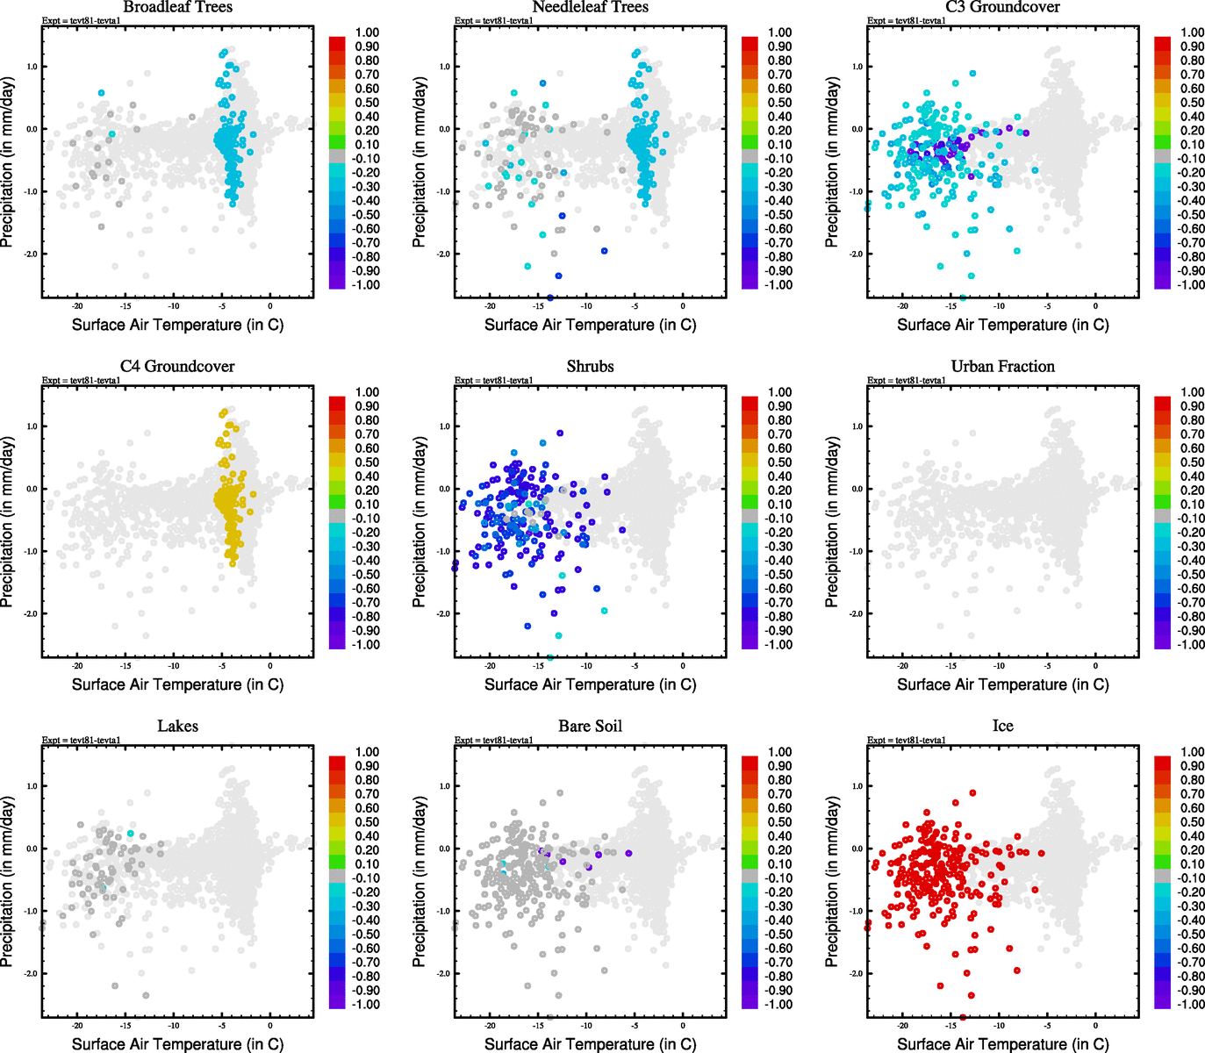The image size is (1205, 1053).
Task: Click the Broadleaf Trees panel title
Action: tap(177, 7)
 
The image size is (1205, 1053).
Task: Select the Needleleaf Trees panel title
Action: tap(590, 7)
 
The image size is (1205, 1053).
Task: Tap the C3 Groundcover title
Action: tap(1002, 7)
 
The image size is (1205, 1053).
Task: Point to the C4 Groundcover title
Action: tap(177, 366)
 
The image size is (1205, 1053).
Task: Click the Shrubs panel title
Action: tap(590, 366)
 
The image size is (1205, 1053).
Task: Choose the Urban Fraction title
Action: tap(1002, 366)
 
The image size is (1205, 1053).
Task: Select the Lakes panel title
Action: tap(177, 726)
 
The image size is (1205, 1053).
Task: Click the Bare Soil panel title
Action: tap(590, 726)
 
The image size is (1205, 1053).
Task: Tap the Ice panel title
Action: tap(1002, 726)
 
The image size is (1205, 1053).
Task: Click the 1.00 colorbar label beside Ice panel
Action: tap(1192, 752)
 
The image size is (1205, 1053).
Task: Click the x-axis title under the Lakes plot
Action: tap(177, 1043)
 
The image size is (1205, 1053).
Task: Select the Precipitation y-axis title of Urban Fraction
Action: tap(832, 522)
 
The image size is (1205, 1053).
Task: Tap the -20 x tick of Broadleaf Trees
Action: tap(77, 307)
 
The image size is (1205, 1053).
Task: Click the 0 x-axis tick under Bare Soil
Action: tap(683, 1026)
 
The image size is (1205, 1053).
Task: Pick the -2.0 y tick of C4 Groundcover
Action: tap(31, 613)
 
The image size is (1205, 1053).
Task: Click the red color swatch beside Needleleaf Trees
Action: tap(750, 43)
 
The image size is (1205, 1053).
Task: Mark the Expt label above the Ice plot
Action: tap(907, 740)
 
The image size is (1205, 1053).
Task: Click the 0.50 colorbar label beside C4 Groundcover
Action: tap(367, 462)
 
